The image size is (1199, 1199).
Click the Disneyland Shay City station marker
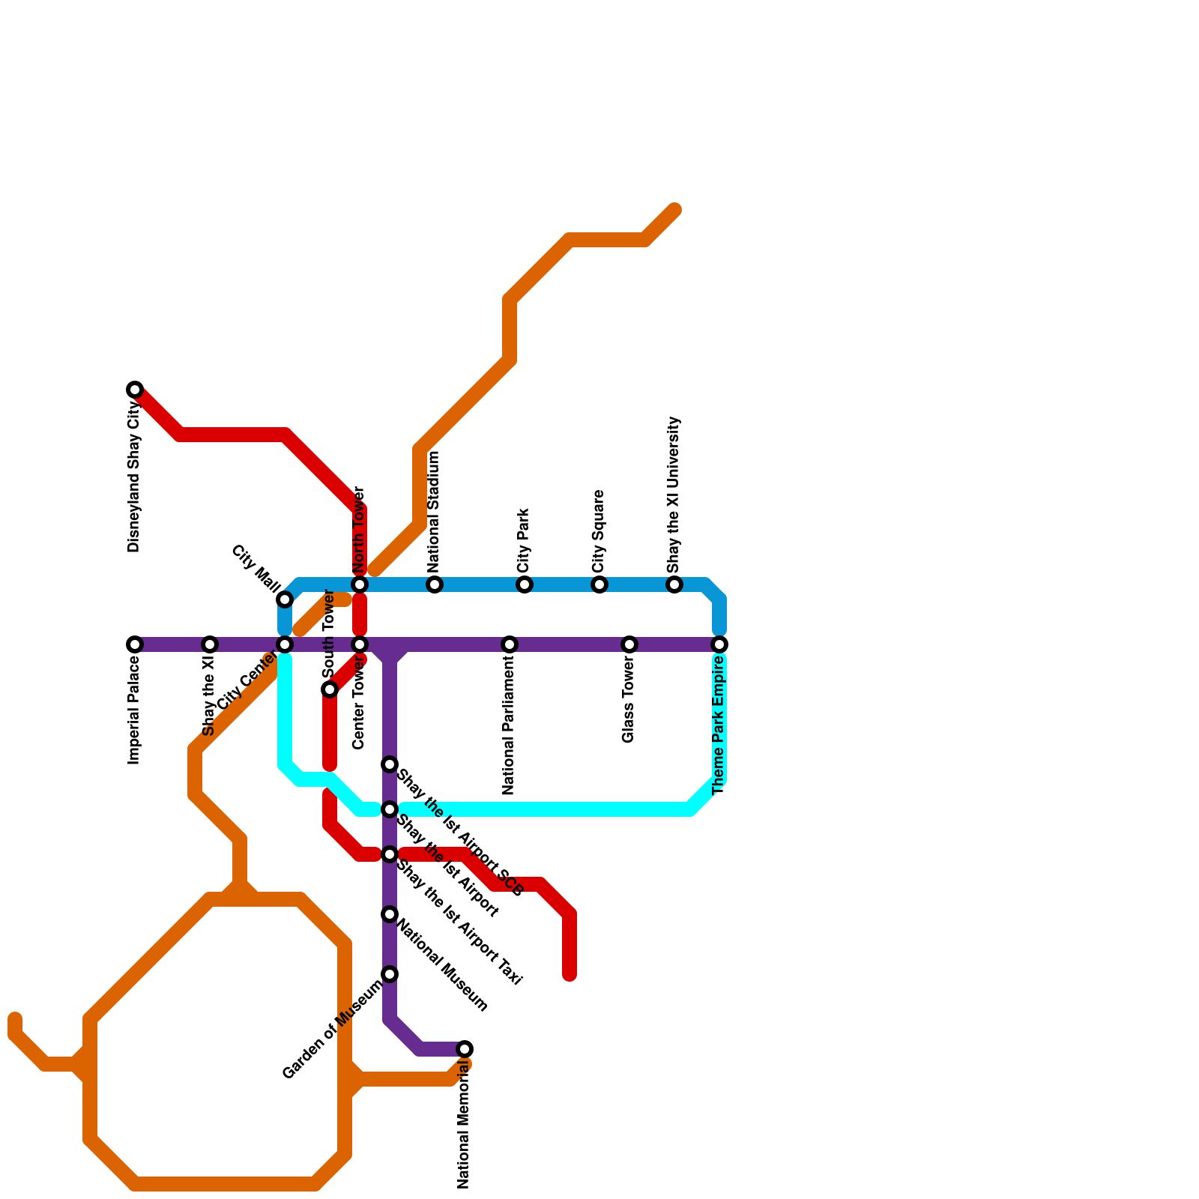coord(135,390)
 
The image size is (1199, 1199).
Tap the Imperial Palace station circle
coord(135,644)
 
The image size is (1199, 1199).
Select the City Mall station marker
coord(285,599)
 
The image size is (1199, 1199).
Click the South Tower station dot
coord(330,689)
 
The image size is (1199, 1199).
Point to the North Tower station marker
coord(360,585)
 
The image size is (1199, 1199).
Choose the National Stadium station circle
coord(435,585)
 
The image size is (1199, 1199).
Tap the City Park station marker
coord(525,585)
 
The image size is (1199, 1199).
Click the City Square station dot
coord(599,585)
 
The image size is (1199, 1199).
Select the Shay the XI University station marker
coord(674,585)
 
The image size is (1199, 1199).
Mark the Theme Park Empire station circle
coord(719,644)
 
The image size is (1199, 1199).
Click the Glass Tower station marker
coord(629,644)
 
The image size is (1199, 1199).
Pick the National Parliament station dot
coord(510,644)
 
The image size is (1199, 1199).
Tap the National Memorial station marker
coord(465,1049)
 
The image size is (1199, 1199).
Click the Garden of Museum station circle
coord(390,974)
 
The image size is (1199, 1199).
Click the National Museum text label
coord(442,966)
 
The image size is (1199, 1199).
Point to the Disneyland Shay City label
coord(134,477)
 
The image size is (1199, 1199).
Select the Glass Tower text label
coord(629,701)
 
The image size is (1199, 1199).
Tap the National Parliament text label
coord(509,726)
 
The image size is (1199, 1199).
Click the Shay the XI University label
coord(674,495)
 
